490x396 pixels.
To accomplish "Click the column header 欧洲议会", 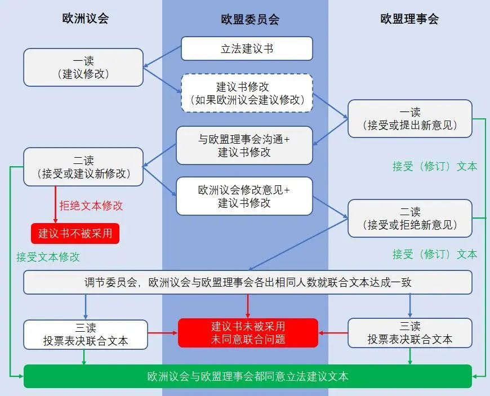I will pyautogui.click(x=85, y=18).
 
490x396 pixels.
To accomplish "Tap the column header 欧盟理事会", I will pyautogui.click(x=409, y=19).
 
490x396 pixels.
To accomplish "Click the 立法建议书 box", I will pyautogui.click(x=247, y=48).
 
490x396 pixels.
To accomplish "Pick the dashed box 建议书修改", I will pyautogui.click(x=247, y=94).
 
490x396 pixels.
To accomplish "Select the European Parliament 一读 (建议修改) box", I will pyautogui.click(x=83, y=68).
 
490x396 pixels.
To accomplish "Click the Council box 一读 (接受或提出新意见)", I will pyautogui.click(x=409, y=118).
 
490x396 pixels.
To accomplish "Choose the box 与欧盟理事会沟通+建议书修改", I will pyautogui.click(x=244, y=145).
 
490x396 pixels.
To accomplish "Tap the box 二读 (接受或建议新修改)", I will pyautogui.click(x=83, y=167).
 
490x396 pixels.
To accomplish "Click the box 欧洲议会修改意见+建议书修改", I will pyautogui.click(x=244, y=195).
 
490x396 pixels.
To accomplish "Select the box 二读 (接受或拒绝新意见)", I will pyautogui.click(x=409, y=219).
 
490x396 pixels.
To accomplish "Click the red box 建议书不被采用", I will pyautogui.click(x=75, y=233).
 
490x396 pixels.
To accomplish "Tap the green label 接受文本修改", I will pyautogui.click(x=48, y=257).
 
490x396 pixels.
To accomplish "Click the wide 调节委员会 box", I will pyautogui.click(x=247, y=282).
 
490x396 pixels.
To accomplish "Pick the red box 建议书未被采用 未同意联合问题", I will pyautogui.click(x=248, y=333).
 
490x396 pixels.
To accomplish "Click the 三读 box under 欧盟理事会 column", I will pyautogui.click(x=409, y=333).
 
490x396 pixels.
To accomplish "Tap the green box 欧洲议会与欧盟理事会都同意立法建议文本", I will pyautogui.click(x=247, y=376).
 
